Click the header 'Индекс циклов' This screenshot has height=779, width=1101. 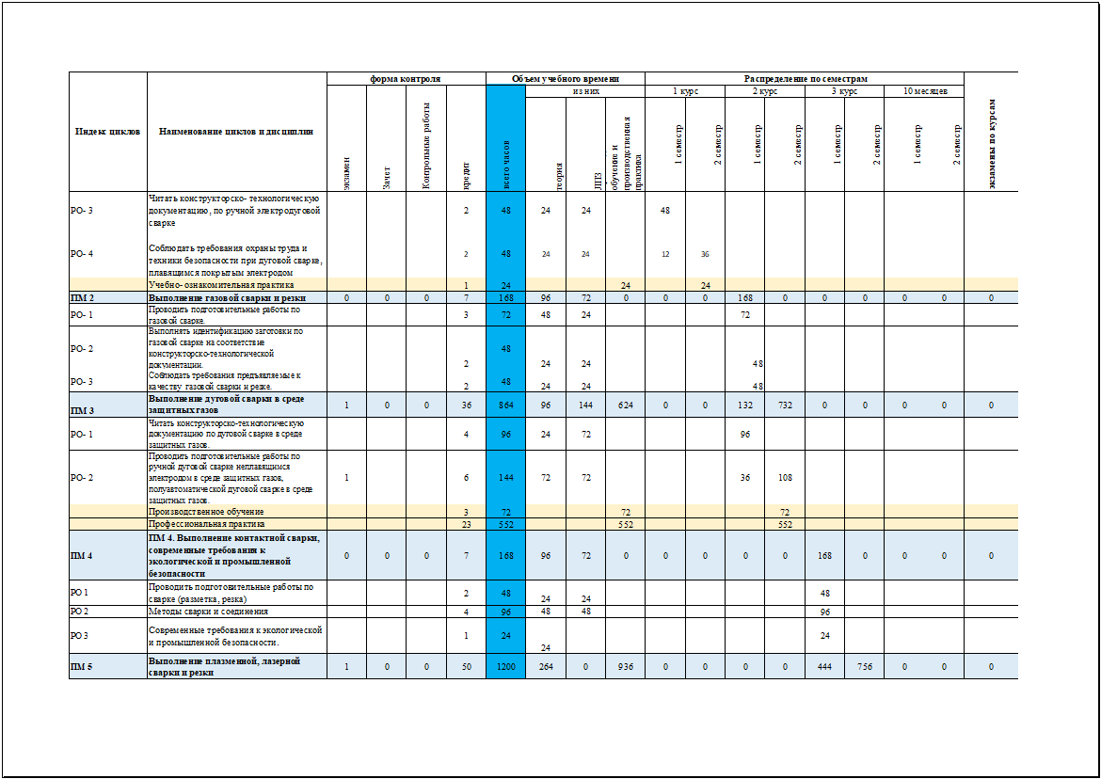click(108, 132)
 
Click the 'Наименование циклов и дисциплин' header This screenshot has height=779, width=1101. click(236, 132)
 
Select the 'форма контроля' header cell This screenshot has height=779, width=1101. click(406, 79)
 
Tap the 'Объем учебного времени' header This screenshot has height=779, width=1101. click(565, 79)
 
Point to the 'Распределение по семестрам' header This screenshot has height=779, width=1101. click(805, 79)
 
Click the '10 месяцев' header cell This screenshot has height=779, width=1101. click(924, 91)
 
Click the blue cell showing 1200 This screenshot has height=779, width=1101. click(505, 666)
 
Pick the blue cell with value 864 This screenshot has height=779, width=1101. click(505, 405)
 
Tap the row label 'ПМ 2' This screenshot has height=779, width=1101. click(82, 297)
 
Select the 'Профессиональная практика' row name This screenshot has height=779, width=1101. click(207, 524)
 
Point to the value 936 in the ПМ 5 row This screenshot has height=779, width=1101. click(625, 666)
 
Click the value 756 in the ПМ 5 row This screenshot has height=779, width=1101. click(864, 666)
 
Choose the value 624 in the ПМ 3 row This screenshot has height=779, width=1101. click(625, 405)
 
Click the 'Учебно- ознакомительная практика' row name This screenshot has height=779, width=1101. click(221, 284)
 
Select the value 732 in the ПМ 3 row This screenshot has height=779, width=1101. click(785, 405)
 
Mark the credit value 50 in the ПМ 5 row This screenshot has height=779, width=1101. click(466, 666)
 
